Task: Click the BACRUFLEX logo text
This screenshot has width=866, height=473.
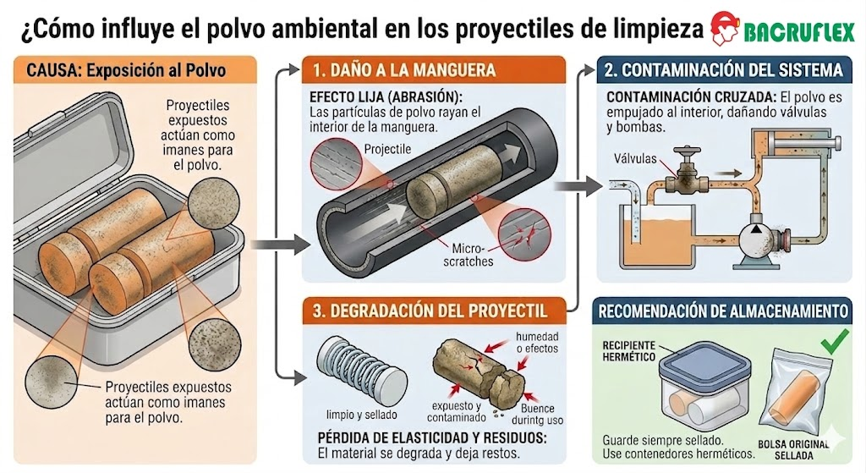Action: (x=799, y=33)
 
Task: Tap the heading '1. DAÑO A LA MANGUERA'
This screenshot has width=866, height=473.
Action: (x=404, y=71)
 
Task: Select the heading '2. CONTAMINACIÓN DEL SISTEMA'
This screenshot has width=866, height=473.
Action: (x=724, y=70)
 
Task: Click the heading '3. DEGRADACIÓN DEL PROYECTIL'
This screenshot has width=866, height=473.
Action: (x=430, y=311)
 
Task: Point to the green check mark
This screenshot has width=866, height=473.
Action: (x=835, y=342)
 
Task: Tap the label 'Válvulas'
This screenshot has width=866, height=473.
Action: (x=635, y=159)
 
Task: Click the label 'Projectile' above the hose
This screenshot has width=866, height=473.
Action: (x=387, y=149)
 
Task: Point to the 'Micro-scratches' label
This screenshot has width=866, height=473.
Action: (x=468, y=255)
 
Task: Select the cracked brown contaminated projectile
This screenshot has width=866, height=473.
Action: (x=478, y=369)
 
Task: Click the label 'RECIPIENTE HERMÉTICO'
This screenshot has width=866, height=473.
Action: (x=629, y=351)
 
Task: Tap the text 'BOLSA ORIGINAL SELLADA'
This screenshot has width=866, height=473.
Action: (x=793, y=450)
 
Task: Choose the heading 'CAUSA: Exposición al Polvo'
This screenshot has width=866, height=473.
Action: (x=127, y=71)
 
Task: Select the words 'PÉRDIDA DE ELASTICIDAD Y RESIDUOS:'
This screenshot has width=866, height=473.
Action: (x=432, y=437)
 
